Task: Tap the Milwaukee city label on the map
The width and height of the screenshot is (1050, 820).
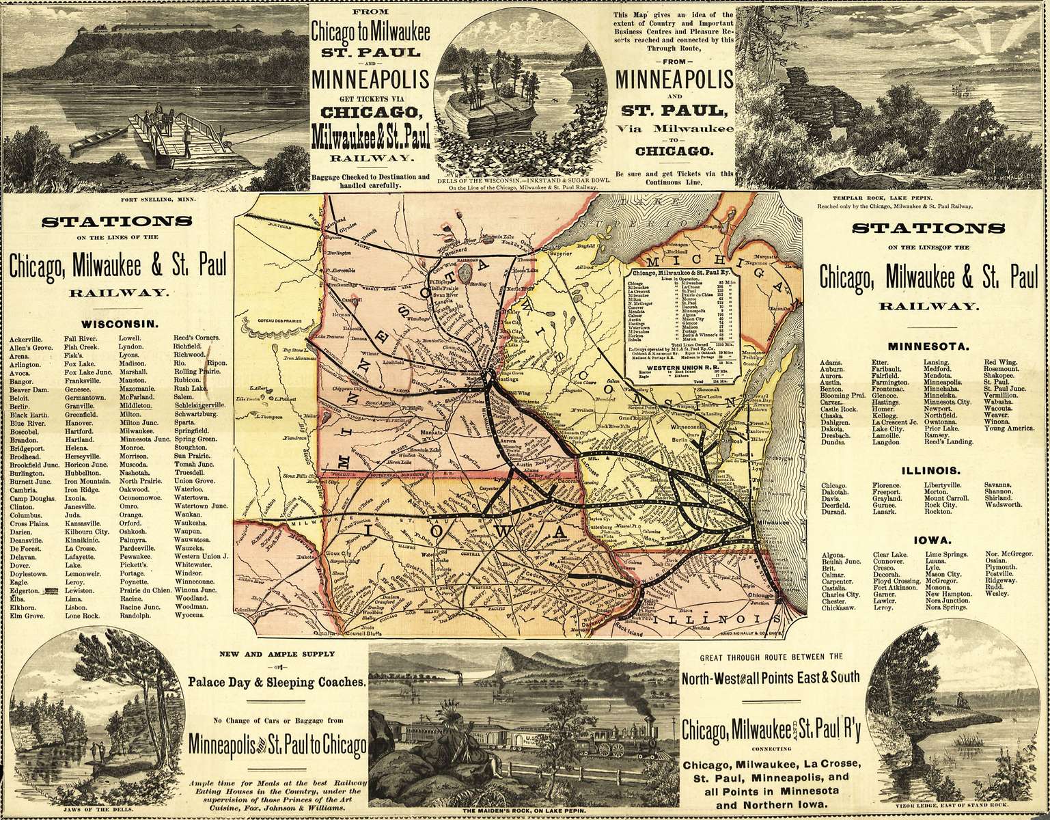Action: (771, 522)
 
